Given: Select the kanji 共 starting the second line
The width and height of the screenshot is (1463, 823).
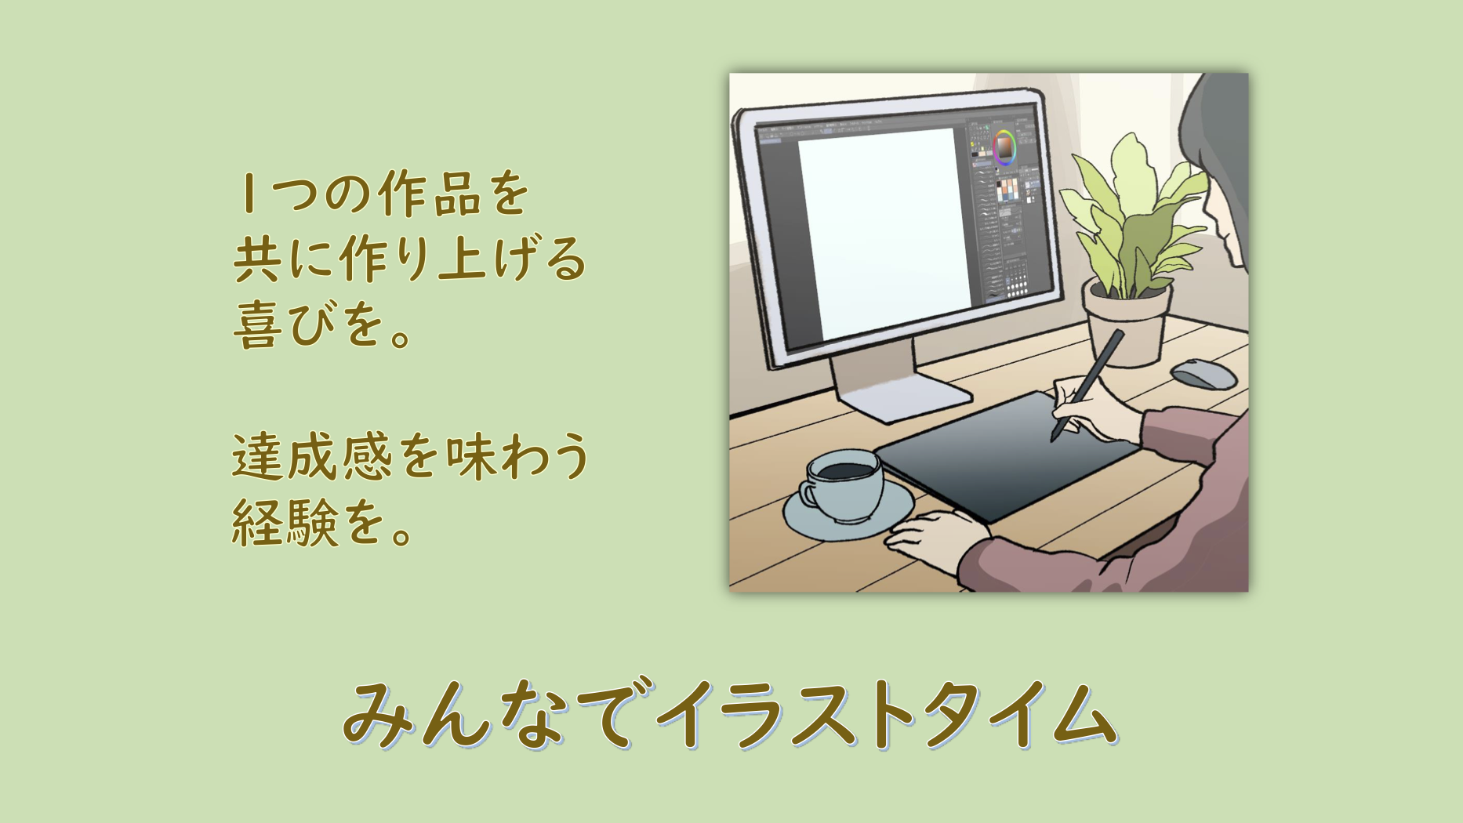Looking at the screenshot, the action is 257,258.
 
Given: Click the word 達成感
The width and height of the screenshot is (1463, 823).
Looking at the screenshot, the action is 311,456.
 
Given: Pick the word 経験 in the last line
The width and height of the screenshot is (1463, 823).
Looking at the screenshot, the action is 285,523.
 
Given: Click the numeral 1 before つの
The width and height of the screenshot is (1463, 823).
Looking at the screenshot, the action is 249,194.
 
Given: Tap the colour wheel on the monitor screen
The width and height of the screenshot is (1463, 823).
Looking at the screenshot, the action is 1004,147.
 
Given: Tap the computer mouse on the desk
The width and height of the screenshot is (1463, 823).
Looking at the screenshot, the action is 1203,373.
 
